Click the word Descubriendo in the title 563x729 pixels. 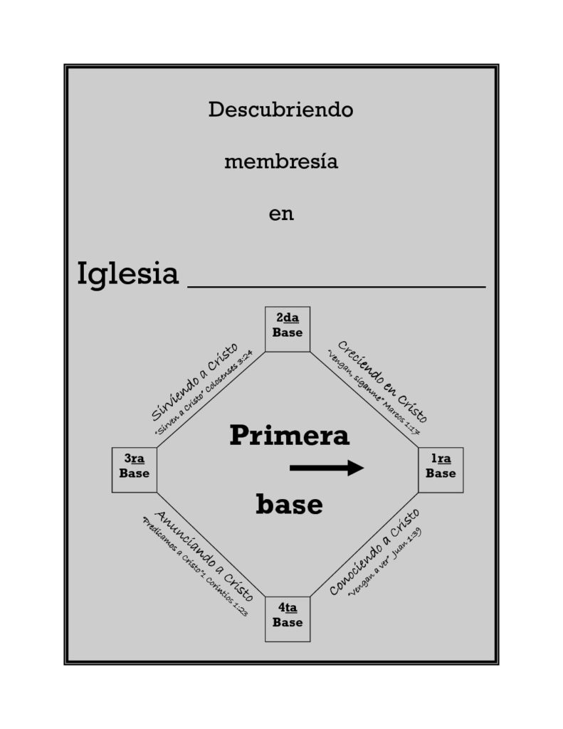point(281,110)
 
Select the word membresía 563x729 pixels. point(281,162)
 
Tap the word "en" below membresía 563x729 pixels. point(281,214)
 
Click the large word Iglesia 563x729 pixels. point(128,274)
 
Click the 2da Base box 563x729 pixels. point(288,329)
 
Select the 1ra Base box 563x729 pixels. point(441,470)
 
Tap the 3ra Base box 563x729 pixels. point(135,470)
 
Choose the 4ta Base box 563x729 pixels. point(288,619)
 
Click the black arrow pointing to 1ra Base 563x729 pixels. point(327,468)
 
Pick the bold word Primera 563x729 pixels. point(289,436)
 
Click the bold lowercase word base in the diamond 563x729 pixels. point(289,505)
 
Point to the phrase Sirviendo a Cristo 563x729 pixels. point(194,382)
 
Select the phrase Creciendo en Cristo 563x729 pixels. point(382,382)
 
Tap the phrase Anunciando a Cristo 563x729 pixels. point(204,555)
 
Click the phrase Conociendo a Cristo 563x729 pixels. point(374,552)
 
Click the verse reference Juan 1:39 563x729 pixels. point(407,543)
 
